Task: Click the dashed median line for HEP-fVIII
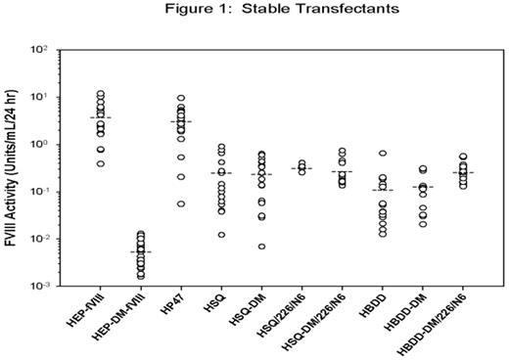pyautogui.click(x=101, y=117)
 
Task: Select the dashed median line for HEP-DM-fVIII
pyautogui.click(x=142, y=251)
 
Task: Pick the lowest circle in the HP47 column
pyautogui.click(x=181, y=203)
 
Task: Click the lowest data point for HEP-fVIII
pyautogui.click(x=101, y=163)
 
